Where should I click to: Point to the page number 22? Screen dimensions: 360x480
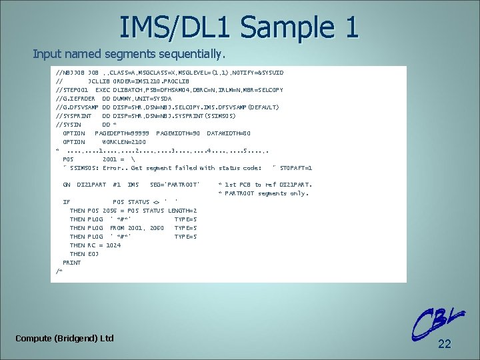pyautogui.click(x=445, y=344)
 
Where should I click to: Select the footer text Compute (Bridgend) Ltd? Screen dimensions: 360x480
pyautogui.click(x=65, y=339)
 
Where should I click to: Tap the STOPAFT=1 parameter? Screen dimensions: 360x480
pyautogui.click(x=297, y=168)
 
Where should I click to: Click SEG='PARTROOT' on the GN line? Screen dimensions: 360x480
pyautogui.click(x=175, y=185)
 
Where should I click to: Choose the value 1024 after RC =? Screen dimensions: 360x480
pyautogui.click(x=113, y=245)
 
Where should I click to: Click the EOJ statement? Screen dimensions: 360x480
pyautogui.click(x=93, y=254)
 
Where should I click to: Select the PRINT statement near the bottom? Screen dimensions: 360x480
pyautogui.click(x=72, y=263)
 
